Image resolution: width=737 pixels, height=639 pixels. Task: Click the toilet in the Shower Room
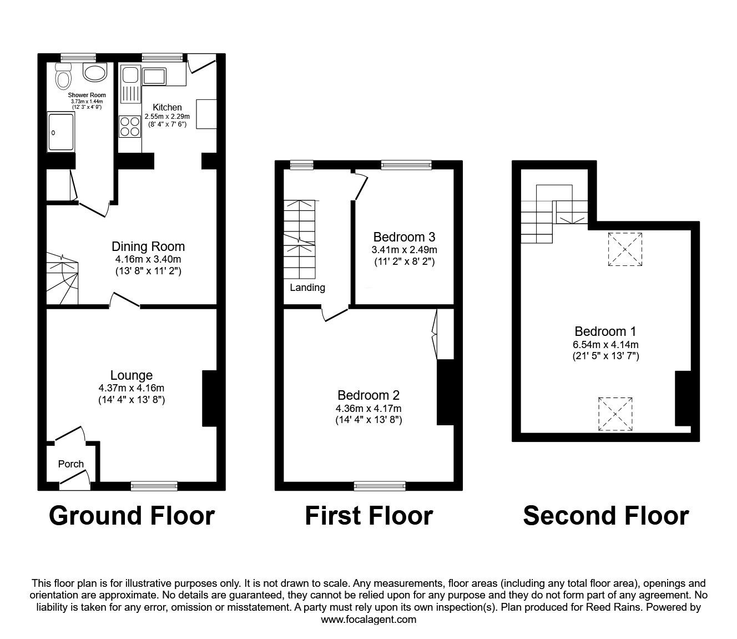coord(63,78)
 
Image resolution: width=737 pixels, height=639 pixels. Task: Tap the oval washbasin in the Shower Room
coord(94,72)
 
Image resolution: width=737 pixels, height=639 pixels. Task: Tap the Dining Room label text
coord(148,246)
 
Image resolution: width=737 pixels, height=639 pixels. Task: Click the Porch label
coord(71,464)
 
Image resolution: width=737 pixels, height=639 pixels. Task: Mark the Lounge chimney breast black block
coord(209,398)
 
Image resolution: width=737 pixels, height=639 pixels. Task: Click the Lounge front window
coord(154,486)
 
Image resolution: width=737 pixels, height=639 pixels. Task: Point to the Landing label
coord(307,288)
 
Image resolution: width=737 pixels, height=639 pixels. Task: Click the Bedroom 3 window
coord(406,164)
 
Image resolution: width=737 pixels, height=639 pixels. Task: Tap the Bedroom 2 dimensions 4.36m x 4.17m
coord(368,409)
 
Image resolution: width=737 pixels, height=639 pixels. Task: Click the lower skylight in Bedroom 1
coord(615,414)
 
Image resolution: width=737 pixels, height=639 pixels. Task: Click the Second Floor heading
coord(605,516)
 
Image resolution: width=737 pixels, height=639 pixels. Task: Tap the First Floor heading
coord(368,516)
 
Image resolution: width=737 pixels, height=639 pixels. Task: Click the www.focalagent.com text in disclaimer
coord(368,620)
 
